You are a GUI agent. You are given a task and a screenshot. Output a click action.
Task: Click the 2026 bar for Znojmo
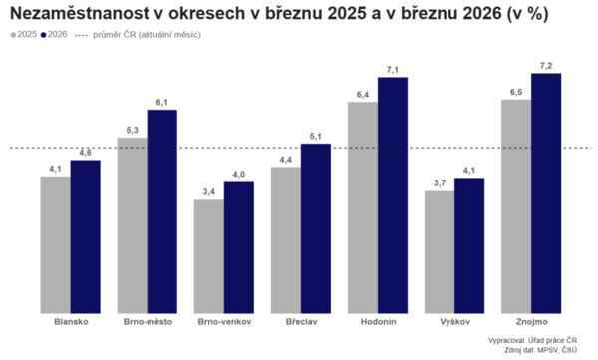click(x=546, y=192)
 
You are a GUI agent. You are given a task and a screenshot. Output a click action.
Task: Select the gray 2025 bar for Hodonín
click(x=363, y=207)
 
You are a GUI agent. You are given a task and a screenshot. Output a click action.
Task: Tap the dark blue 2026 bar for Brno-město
click(x=162, y=210)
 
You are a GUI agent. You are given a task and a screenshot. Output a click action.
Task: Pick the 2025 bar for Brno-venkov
click(x=208, y=256)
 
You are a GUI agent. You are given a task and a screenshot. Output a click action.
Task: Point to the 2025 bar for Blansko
click(x=55, y=244)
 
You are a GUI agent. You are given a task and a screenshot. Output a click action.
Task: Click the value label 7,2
click(x=546, y=65)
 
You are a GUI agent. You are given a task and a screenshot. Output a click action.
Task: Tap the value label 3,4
click(x=208, y=191)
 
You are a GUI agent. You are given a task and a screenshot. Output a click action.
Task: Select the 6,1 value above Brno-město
click(x=162, y=101)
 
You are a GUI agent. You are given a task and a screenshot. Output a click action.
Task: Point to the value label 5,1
click(x=316, y=136)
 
